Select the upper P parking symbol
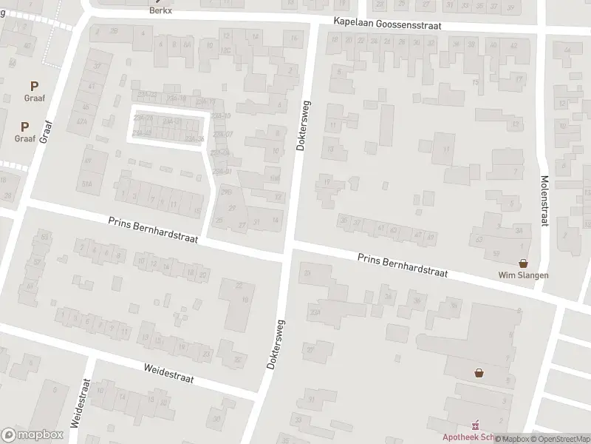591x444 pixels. pyautogui.click(x=34, y=87)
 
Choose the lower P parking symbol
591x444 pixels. pyautogui.click(x=24, y=127)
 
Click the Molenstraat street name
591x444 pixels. pyautogui.click(x=544, y=201)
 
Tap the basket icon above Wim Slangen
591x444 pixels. pyautogui.click(x=524, y=263)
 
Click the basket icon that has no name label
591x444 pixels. pyautogui.click(x=479, y=373)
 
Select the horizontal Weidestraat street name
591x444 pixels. pyautogui.click(x=169, y=372)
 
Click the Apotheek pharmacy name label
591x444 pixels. pyautogui.click(x=460, y=437)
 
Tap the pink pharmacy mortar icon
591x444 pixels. pyautogui.click(x=475, y=425)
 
